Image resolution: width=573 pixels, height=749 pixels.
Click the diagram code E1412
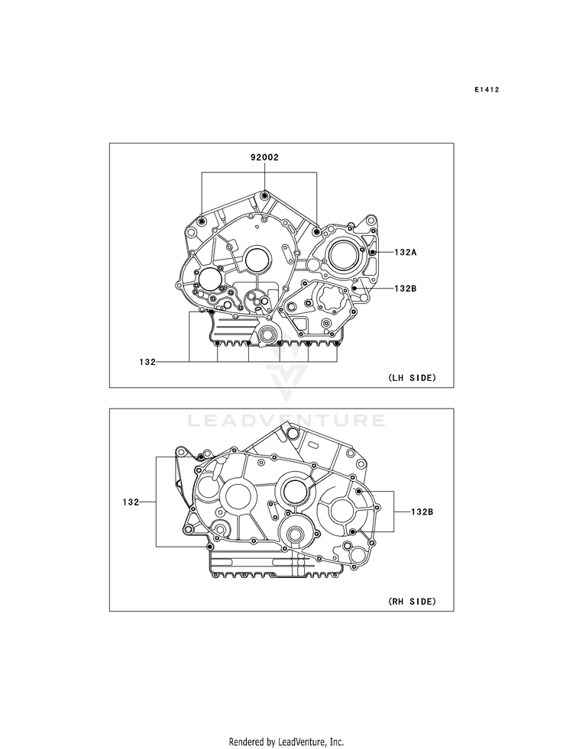[x=487, y=89]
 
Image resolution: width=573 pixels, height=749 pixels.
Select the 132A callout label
[x=405, y=252]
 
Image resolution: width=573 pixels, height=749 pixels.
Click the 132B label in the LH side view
[x=405, y=289]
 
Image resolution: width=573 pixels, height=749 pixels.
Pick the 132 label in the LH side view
[x=147, y=362]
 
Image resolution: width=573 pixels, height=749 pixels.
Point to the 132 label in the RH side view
[x=131, y=502]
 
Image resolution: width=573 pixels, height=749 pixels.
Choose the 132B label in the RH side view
[x=422, y=512]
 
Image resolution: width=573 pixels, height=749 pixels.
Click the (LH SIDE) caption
[x=412, y=378]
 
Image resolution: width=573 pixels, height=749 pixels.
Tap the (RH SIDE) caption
[x=412, y=602]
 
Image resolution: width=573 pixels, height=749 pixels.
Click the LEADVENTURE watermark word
[x=286, y=421]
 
